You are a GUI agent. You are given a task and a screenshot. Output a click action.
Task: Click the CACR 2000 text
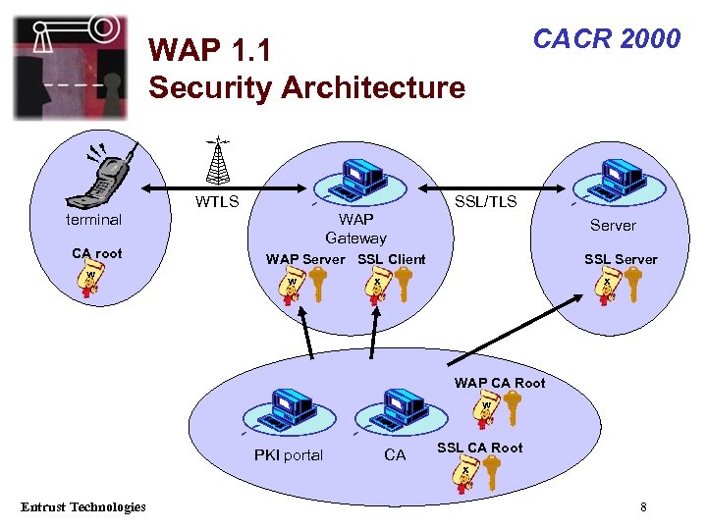[x=606, y=39]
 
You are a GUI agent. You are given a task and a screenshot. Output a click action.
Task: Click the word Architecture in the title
[x=373, y=88]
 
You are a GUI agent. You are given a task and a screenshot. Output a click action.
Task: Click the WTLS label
[x=216, y=202]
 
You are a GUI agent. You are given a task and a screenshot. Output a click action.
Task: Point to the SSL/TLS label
[x=485, y=201]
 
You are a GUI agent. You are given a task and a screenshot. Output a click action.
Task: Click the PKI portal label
[x=288, y=455]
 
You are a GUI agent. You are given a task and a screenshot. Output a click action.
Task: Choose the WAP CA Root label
[x=499, y=383]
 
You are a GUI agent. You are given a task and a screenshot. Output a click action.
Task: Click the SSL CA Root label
[x=479, y=448]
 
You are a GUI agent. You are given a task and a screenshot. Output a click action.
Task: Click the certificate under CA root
[x=90, y=281]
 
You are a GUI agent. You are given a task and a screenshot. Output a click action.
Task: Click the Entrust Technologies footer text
[x=83, y=506]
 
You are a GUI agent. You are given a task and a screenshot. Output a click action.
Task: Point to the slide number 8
[x=643, y=507]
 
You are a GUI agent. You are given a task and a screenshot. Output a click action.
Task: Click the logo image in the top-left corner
[x=70, y=67]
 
